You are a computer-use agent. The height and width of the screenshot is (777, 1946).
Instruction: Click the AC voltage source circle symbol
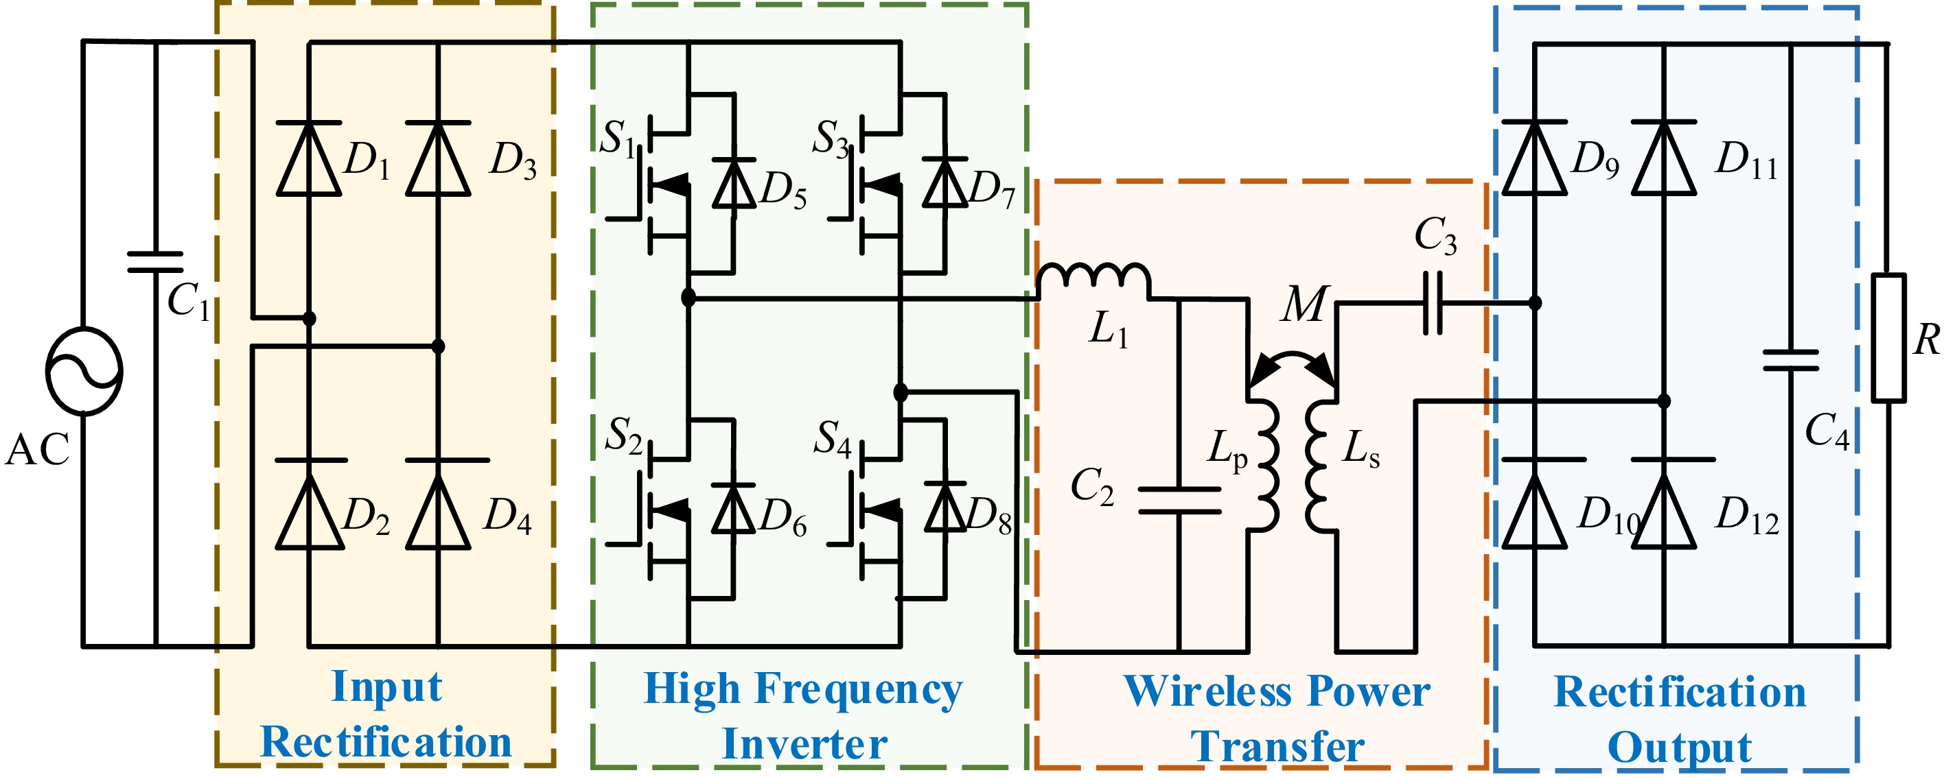(84, 371)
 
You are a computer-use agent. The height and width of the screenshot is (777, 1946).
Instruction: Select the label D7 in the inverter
(991, 189)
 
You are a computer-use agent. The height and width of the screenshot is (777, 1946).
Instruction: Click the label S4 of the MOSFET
(833, 439)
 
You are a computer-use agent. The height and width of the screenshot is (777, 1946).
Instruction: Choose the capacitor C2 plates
(1179, 501)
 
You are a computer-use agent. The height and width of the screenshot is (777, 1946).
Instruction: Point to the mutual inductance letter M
(1304, 304)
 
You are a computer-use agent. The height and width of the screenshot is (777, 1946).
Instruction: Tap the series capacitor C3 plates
(1433, 304)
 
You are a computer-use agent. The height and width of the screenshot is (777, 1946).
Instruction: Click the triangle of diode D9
(1534, 158)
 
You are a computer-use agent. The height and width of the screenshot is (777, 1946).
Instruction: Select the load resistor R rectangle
(1888, 337)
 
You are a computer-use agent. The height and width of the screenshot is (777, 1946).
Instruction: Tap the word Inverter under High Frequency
(804, 744)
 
